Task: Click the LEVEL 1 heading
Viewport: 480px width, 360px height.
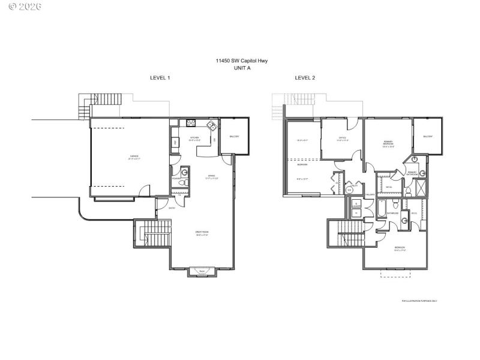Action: click(160, 78)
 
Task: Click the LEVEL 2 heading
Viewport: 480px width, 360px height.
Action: click(305, 78)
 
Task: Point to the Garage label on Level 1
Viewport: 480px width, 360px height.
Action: click(134, 158)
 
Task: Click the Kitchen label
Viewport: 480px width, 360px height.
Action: click(194, 138)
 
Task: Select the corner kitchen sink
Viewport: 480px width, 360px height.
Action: click(211, 126)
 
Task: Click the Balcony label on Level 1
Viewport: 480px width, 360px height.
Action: click(234, 137)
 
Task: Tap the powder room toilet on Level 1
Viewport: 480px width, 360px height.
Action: click(185, 182)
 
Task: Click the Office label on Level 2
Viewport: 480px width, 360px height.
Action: click(343, 139)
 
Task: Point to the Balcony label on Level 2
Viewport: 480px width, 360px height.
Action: click(428, 137)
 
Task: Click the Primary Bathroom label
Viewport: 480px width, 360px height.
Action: click(412, 173)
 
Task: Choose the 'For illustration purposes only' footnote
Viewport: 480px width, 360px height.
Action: click(419, 301)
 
